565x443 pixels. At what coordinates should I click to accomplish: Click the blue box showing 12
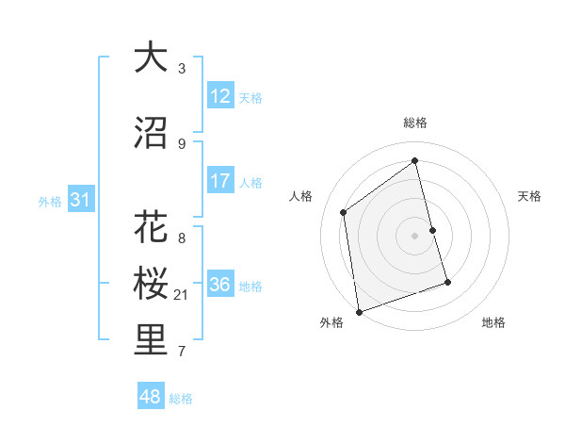220,95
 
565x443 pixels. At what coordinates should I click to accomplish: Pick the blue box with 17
220,181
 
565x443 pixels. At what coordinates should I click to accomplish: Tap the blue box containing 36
220,285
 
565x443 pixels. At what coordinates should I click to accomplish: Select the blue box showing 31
80,200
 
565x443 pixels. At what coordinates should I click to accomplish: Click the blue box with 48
151,397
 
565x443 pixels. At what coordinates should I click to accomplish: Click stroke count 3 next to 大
182,68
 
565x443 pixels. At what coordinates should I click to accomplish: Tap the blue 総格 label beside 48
181,399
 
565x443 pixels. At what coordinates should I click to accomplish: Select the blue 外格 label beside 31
50,201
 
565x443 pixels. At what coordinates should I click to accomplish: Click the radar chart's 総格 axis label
415,123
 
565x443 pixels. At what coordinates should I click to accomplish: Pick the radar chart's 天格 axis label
529,196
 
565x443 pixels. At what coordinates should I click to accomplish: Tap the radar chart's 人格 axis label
301,196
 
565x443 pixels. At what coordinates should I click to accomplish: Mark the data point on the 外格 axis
359,311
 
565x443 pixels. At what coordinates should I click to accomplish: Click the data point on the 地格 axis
447,282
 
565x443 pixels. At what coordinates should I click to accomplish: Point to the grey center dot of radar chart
415,235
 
